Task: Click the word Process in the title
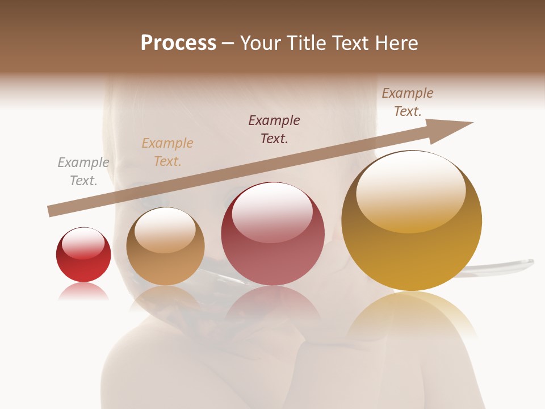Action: pos(178,43)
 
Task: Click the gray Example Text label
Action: pos(83,172)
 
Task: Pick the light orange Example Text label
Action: pos(167,152)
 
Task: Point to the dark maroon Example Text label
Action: pos(274,130)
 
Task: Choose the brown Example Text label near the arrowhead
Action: pos(408,102)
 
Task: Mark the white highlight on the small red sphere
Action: pos(83,243)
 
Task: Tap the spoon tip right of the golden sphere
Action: pos(525,262)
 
